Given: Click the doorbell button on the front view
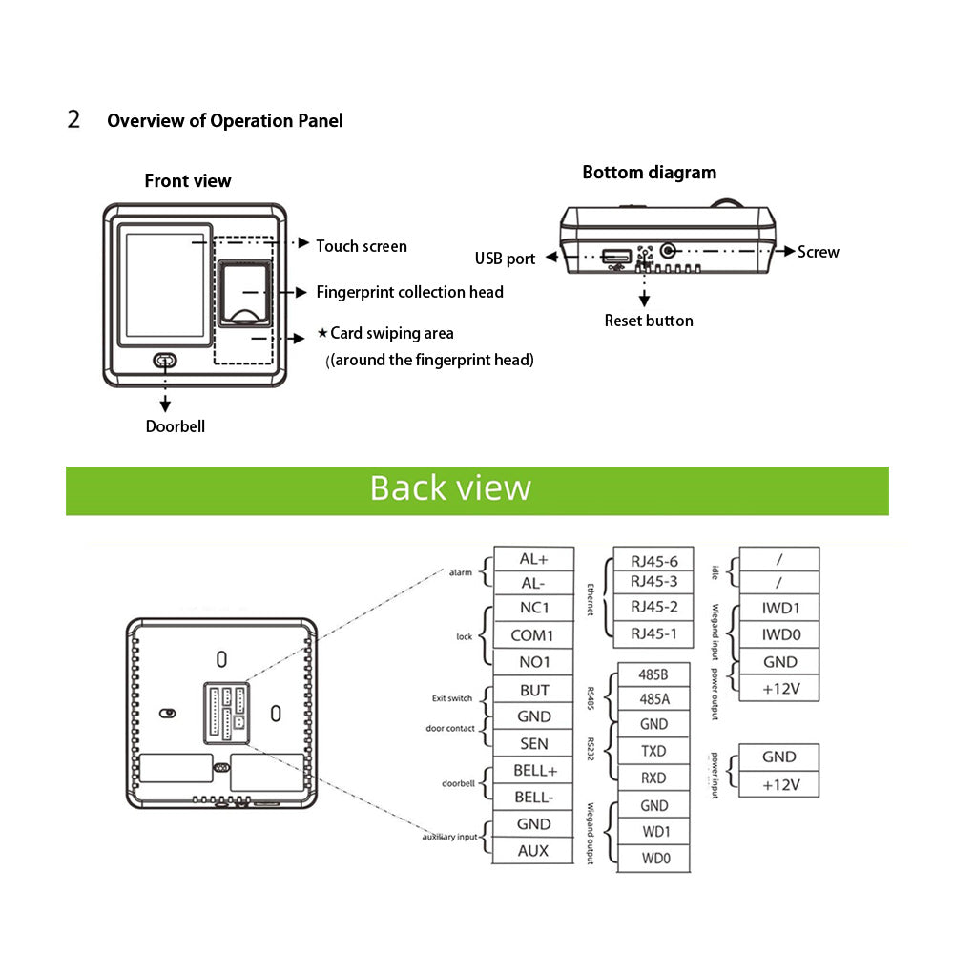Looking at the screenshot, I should click(165, 360).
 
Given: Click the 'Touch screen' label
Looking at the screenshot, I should click(361, 246).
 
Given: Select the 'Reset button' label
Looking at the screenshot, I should click(649, 321).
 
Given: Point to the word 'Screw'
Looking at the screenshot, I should click(819, 252).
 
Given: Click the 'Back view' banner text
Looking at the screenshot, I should click(450, 487).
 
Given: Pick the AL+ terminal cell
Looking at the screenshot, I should click(533, 560).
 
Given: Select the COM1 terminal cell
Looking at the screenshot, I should click(533, 634).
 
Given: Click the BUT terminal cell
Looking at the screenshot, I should click(533, 691).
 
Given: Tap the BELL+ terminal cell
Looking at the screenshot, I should click(533, 770).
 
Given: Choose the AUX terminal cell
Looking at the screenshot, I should click(533, 850).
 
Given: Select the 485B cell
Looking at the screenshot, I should click(653, 674).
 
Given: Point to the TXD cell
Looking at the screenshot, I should click(653, 751).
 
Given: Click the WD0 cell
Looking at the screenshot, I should click(653, 859).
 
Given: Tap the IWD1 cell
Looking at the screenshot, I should click(779, 608).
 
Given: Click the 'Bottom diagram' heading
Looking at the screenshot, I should click(649, 173).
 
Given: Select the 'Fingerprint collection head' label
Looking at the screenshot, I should click(409, 292).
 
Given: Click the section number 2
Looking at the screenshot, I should click(73, 120).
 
